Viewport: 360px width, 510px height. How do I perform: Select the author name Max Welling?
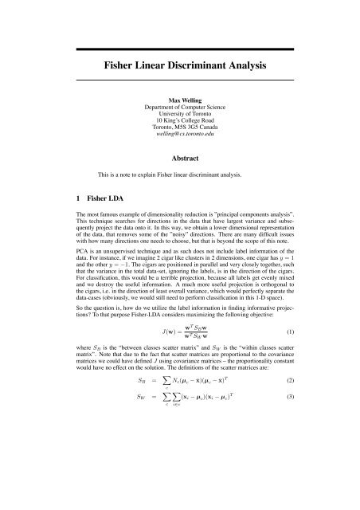pos(179,103)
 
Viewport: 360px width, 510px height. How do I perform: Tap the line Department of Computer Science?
pos(179,110)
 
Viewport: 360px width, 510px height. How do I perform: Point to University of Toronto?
pos(179,118)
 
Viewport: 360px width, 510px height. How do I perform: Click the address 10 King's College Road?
pos(179,126)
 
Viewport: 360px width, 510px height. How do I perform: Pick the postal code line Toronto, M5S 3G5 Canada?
pos(179,133)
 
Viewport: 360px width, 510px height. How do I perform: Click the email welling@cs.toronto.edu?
pos(179,141)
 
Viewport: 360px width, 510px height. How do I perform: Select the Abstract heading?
pos(179,159)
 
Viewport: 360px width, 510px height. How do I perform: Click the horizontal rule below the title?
pos(179,80)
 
